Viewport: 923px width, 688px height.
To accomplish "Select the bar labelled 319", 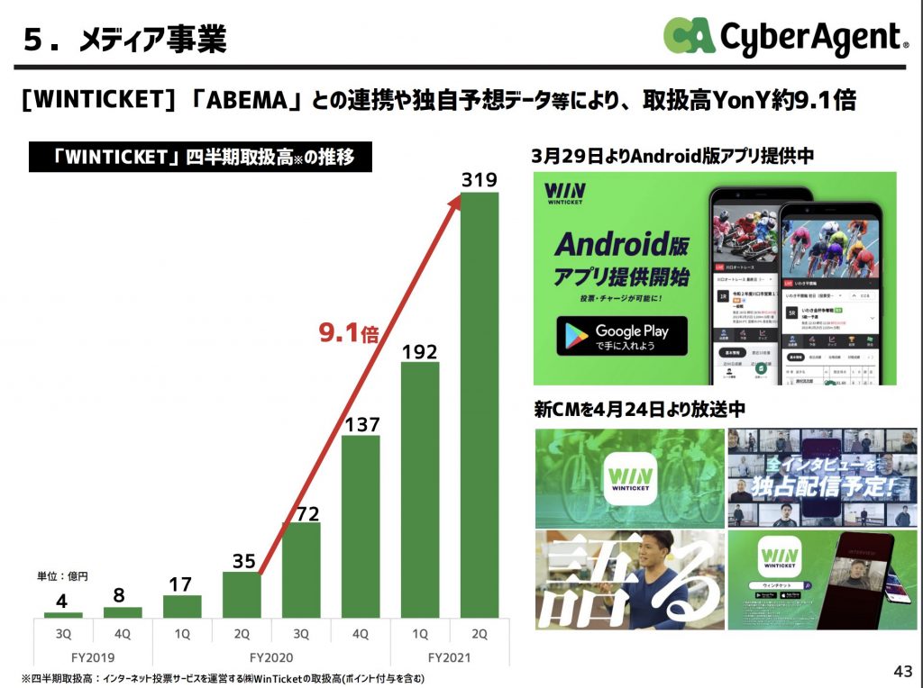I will (479, 405).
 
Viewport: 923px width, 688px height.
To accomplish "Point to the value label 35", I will (242, 561).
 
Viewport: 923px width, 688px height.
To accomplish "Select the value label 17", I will (182, 584).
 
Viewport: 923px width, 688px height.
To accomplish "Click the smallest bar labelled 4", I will (63, 615).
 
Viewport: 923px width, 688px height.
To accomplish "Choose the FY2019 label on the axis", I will (93, 657).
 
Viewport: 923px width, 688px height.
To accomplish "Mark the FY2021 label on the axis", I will (449, 657).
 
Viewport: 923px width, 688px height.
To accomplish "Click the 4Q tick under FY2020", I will (361, 634).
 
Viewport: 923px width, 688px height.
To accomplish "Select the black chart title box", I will (201, 158).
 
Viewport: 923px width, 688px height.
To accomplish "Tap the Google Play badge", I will (622, 336).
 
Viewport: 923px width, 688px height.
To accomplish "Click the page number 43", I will (902, 671).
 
